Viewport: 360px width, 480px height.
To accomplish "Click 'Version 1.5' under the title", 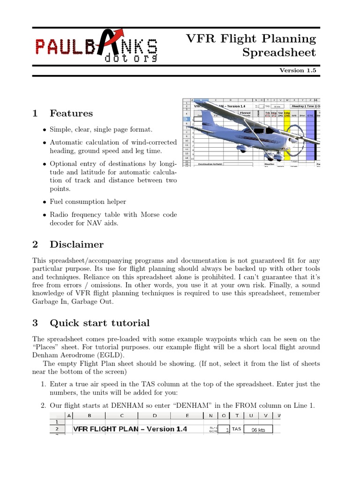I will click(x=298, y=70).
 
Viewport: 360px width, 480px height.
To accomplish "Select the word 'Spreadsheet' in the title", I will click(x=279, y=52).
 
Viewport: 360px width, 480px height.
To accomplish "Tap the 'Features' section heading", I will click(x=71, y=113).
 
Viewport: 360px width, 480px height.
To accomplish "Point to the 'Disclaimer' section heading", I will click(x=76, y=245).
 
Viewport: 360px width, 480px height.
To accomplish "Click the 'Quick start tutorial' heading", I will click(x=99, y=323).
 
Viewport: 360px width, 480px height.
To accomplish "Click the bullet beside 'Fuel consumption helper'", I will click(x=44, y=202).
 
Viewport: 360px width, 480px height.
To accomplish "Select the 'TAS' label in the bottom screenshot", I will click(x=237, y=429).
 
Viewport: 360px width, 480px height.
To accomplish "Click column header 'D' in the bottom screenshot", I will click(x=154, y=415).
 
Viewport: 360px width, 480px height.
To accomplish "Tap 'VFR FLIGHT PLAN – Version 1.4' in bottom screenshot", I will click(x=130, y=429).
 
